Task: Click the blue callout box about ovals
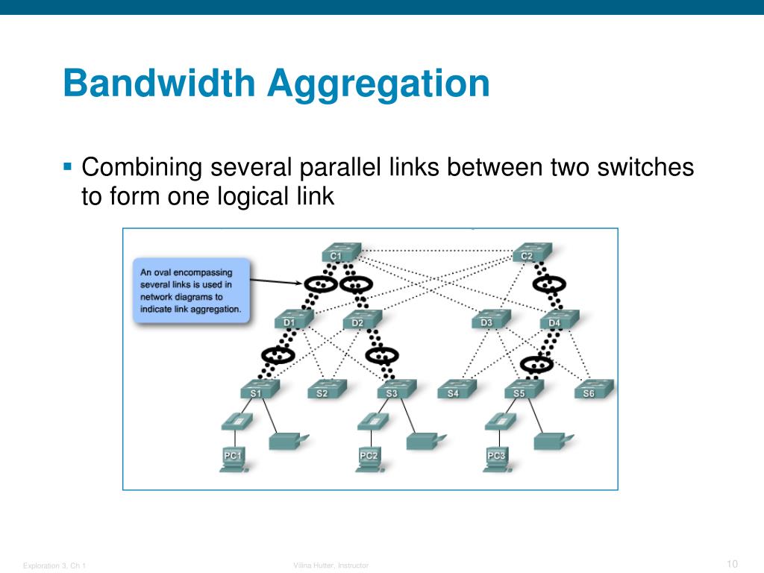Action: click(192, 290)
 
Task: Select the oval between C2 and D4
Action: click(550, 284)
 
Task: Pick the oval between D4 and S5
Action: click(536, 364)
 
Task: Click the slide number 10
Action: click(731, 563)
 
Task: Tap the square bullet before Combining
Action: click(67, 166)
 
